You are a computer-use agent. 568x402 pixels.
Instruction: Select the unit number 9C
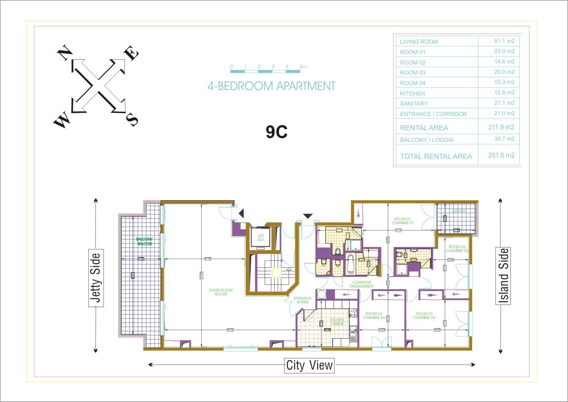276,132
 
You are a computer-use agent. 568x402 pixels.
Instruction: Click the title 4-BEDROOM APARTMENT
271,86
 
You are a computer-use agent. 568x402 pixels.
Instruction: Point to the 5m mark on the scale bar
303,66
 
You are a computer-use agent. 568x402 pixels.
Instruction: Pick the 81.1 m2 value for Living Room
504,41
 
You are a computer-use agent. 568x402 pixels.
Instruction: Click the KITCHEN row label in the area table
412,93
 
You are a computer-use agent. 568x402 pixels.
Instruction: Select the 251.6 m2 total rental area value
501,155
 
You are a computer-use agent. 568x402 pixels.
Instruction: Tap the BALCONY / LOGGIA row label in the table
427,140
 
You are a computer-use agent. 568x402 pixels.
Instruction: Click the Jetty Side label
96,277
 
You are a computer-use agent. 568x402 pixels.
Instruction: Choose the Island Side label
503,276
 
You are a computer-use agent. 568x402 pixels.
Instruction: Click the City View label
309,365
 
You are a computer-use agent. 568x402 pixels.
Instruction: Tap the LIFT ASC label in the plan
261,238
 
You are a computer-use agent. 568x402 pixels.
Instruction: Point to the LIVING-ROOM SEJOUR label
221,292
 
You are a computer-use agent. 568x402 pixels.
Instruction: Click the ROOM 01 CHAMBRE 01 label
402,221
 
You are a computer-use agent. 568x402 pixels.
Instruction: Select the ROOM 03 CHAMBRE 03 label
424,315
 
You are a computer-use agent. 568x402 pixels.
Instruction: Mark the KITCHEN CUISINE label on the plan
337,322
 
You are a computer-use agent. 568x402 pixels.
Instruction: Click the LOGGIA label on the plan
458,211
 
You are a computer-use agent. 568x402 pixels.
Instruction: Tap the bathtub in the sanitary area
350,264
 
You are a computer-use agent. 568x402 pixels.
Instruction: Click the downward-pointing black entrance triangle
308,216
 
